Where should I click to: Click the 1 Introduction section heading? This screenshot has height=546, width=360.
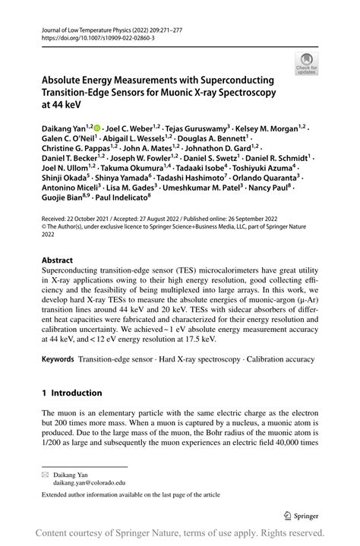coord(71,393)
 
